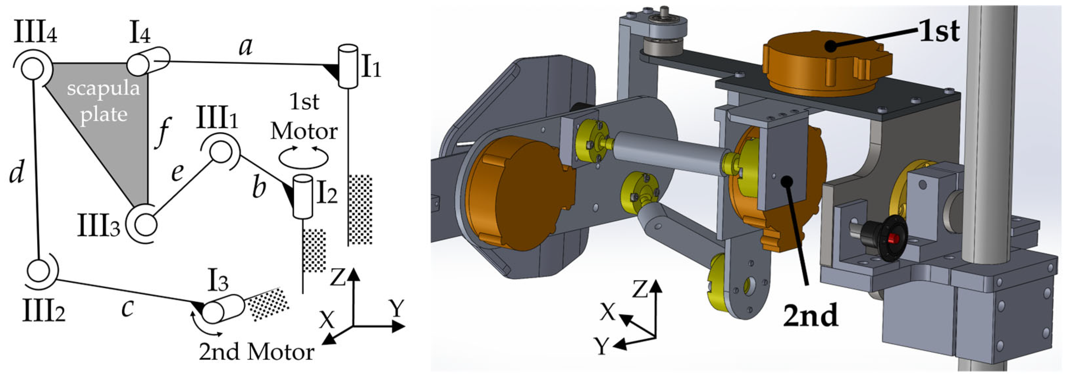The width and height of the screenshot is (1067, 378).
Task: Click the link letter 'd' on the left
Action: click(16, 172)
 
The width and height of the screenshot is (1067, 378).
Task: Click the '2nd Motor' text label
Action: click(256, 352)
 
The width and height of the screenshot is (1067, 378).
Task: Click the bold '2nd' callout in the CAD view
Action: click(811, 316)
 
